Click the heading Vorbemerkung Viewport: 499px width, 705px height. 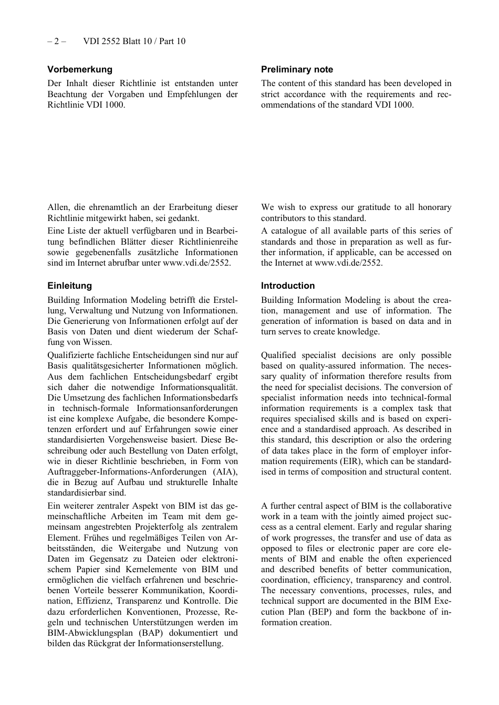[x=80, y=69]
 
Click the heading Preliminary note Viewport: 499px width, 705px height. [x=297, y=69]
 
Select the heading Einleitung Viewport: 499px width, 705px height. [x=69, y=286]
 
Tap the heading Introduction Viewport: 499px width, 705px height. [x=288, y=286]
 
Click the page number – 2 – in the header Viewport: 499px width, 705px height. [x=56, y=41]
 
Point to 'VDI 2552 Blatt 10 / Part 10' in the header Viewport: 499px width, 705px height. [x=134, y=41]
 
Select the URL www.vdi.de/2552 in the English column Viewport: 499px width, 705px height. [x=348, y=263]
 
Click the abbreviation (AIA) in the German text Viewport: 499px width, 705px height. [x=225, y=472]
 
